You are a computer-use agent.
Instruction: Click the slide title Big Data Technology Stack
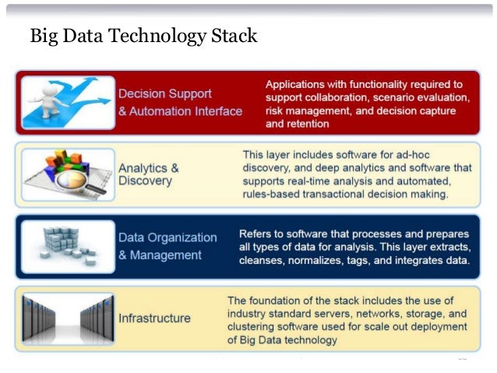click(x=143, y=37)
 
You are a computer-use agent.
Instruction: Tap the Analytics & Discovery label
click(x=149, y=174)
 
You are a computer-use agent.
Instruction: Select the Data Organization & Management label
click(x=167, y=246)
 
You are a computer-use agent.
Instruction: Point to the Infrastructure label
click(x=154, y=318)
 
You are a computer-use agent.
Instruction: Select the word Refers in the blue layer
click(x=256, y=234)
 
